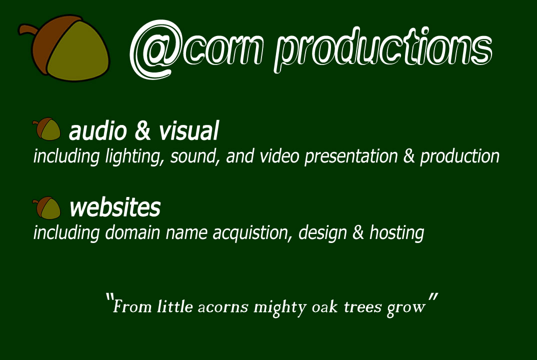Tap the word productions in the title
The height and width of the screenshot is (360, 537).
click(x=383, y=49)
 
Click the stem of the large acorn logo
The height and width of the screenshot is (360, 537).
click(x=27, y=29)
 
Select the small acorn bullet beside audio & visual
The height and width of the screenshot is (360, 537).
click(x=46, y=129)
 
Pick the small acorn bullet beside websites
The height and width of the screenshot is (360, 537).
click(x=46, y=207)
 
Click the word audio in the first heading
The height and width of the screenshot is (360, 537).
click(x=98, y=131)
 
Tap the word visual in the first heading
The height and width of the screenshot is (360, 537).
click(x=188, y=131)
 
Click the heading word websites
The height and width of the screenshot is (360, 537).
click(x=115, y=207)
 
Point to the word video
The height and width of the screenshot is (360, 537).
click(x=279, y=156)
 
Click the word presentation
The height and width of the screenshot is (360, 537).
click(x=351, y=156)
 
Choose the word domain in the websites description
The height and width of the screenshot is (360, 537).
click(x=132, y=232)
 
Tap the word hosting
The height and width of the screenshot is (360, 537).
click(x=396, y=233)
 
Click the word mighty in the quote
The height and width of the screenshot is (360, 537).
click(x=280, y=307)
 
